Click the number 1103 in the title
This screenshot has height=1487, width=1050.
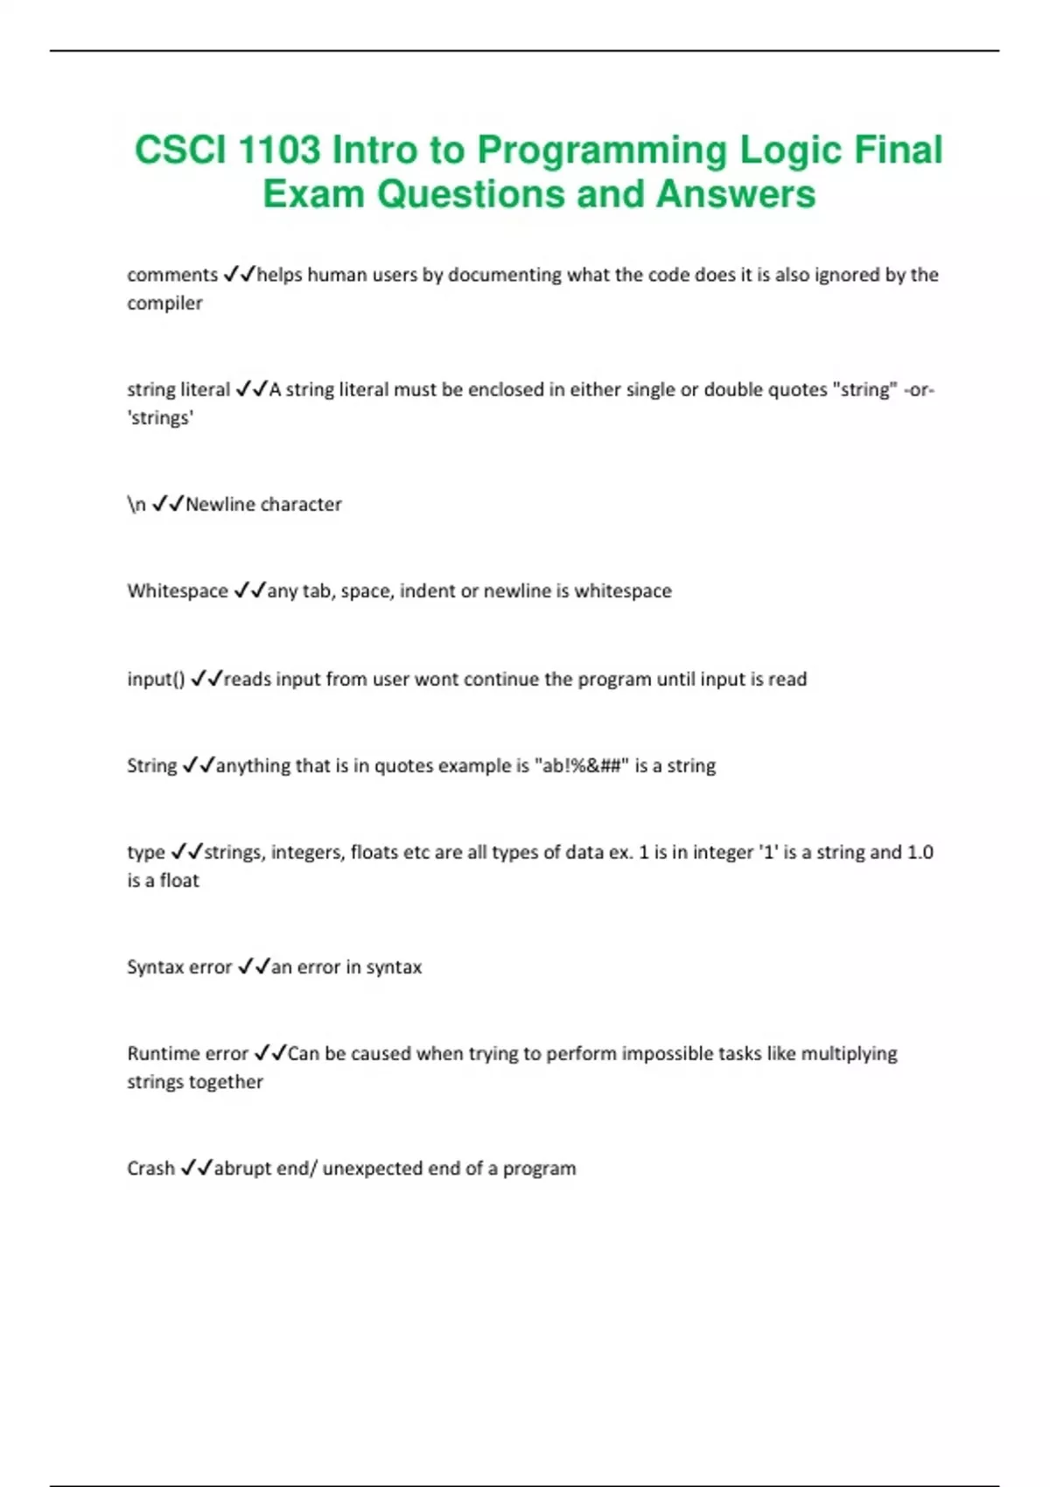279,150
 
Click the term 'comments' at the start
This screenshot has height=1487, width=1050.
172,275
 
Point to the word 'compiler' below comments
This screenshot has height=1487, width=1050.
164,304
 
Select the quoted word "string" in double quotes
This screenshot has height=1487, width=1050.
864,389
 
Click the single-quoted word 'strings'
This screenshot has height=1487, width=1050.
160,418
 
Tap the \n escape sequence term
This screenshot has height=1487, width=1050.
136,505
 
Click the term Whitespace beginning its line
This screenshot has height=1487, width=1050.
178,591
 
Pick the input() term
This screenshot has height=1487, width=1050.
156,680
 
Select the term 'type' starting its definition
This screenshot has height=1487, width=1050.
146,853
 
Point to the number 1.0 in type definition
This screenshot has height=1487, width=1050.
920,853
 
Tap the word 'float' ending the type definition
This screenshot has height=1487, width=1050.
179,881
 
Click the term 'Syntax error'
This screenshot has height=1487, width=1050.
179,967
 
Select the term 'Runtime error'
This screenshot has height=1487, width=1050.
188,1054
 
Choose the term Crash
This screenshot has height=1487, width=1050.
150,1169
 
